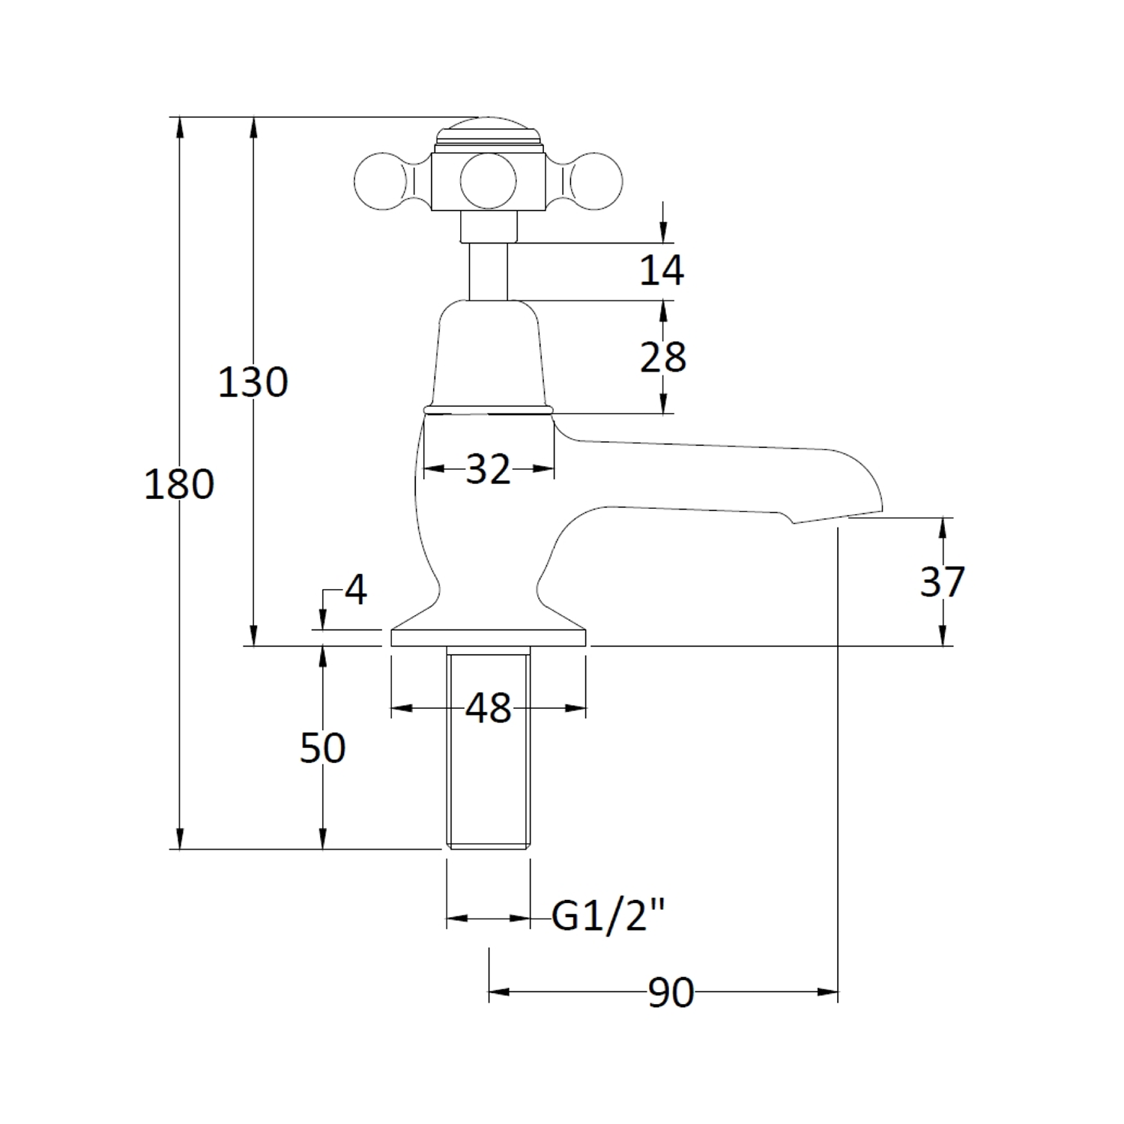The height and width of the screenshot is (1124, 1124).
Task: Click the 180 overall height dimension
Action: pos(179,484)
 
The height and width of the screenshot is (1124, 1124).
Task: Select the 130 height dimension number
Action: pos(253,382)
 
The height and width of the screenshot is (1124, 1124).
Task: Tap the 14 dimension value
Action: pos(662,270)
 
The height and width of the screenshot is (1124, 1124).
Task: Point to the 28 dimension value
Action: pos(663,357)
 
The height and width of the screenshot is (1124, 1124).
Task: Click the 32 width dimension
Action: pos(488,470)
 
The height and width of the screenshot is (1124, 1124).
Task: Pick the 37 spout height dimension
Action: pos(943,581)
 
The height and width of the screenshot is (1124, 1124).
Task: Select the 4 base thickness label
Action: pos(356,590)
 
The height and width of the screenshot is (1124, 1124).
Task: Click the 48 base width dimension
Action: pos(489,708)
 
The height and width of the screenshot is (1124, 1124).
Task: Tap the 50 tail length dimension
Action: pos(322,748)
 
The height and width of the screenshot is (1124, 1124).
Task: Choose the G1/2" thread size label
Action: pos(608,915)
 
